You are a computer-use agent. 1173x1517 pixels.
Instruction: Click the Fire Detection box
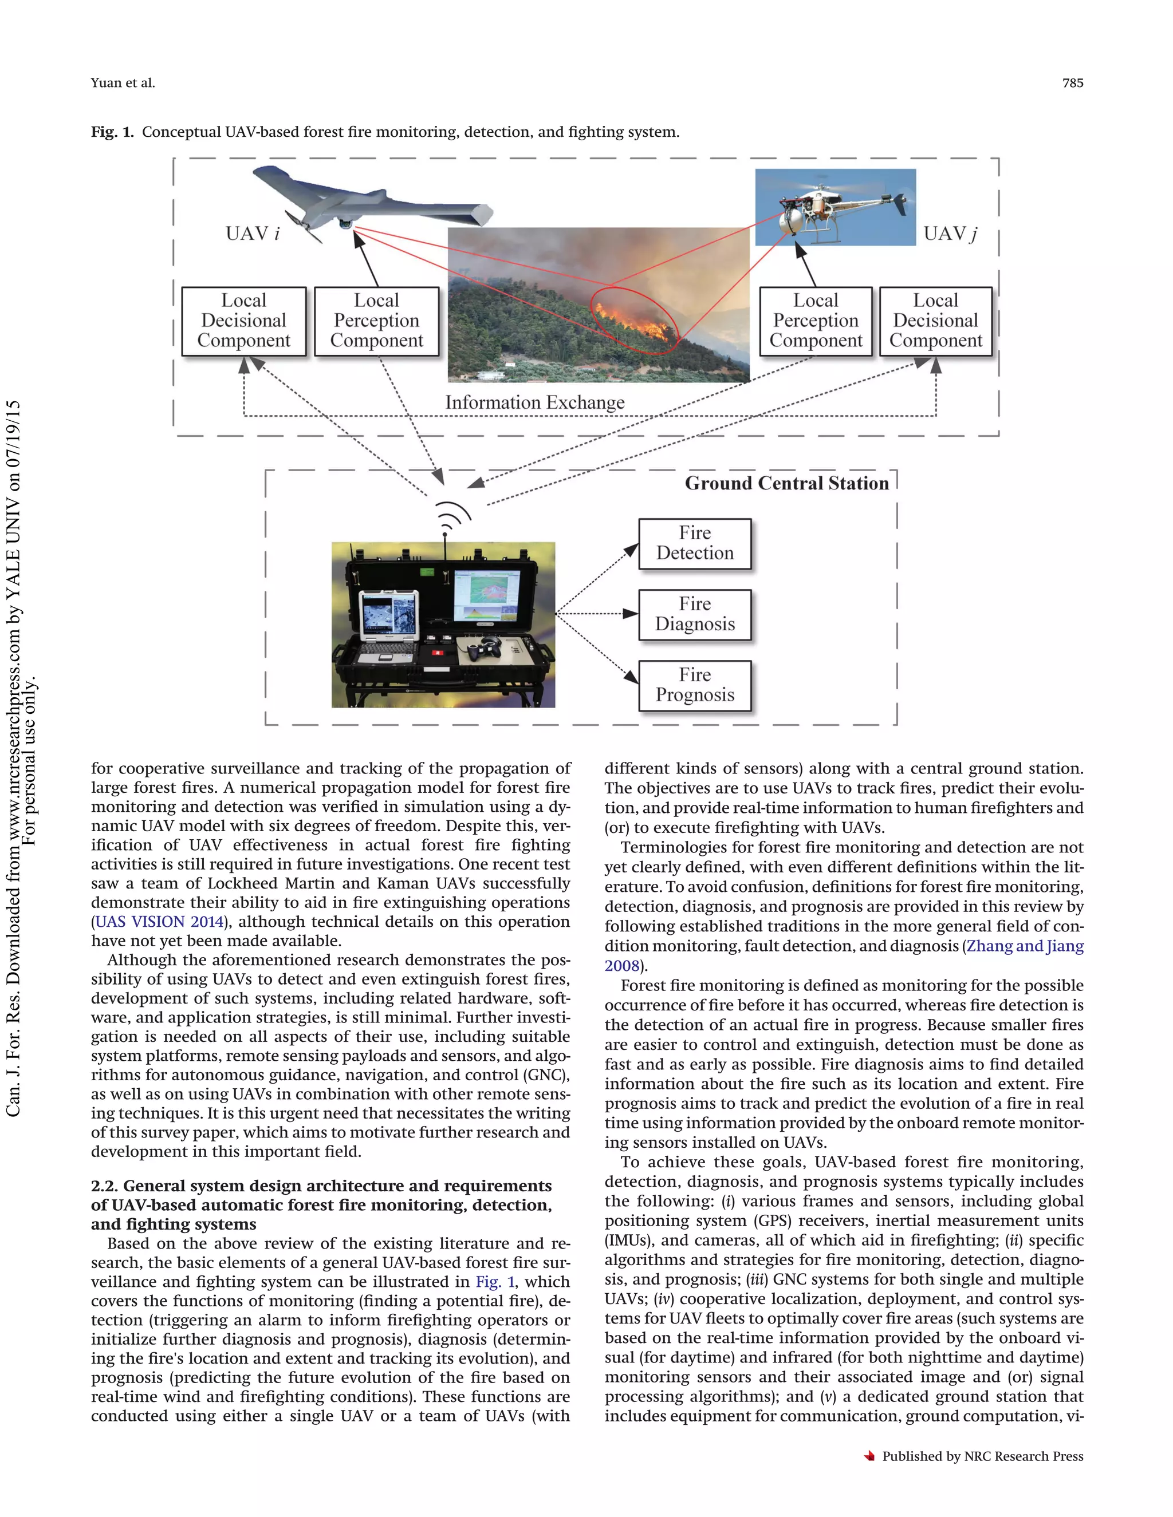pyautogui.click(x=694, y=543)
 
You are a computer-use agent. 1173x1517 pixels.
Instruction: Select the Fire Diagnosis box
pyautogui.click(x=694, y=614)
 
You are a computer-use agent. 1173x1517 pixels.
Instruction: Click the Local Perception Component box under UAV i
pyautogui.click(x=377, y=321)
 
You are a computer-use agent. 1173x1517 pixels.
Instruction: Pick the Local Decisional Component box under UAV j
pyautogui.click(x=935, y=321)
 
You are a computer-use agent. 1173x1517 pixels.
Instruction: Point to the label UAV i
pyautogui.click(x=252, y=234)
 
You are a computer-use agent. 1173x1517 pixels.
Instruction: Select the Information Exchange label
pyautogui.click(x=534, y=403)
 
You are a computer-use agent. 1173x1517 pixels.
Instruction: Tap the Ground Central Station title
pyautogui.click(x=786, y=484)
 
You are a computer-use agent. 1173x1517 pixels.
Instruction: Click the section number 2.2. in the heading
pyautogui.click(x=105, y=1186)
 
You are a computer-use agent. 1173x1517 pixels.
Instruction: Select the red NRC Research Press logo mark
pyautogui.click(x=869, y=1456)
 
